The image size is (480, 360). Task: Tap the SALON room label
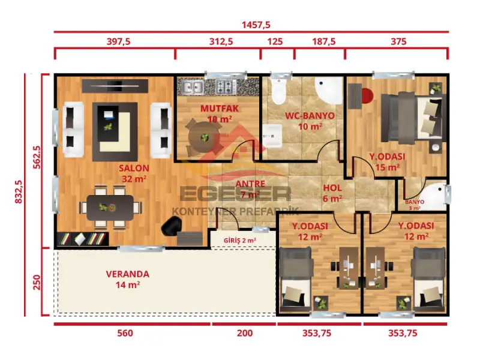point(134,169)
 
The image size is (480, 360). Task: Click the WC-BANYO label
point(301,116)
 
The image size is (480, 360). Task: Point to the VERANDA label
point(127,274)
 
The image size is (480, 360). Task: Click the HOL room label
point(332,188)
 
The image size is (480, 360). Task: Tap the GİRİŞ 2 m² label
point(240,240)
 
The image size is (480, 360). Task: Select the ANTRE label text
point(247,184)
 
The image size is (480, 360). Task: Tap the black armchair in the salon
point(171,226)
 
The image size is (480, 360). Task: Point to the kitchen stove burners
point(226,88)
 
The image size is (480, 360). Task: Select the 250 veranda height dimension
point(35,282)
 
